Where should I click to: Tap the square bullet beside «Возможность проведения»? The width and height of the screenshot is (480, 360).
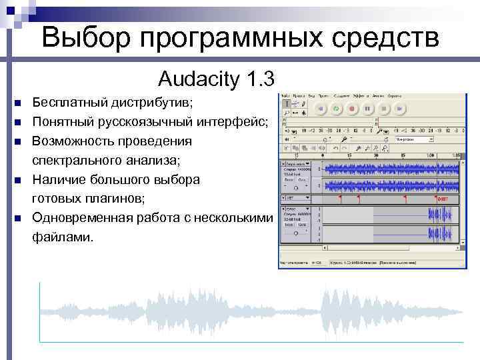tap(17, 141)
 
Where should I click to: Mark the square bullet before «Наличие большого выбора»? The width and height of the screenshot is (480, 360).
tap(17, 179)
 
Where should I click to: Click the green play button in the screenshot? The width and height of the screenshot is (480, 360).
tap(336, 108)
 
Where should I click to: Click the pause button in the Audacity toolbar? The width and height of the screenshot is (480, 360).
tap(367, 108)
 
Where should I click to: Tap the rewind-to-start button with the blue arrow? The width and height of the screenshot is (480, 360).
tap(321, 108)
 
